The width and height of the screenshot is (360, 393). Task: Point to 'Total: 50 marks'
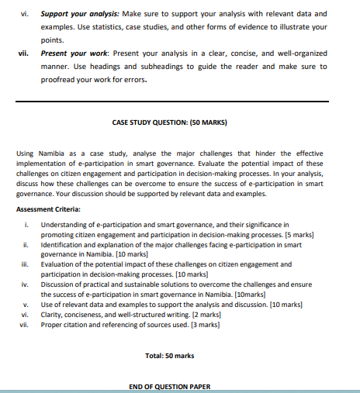pyautogui.click(x=169, y=355)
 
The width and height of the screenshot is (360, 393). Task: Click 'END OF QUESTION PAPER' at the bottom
pyautogui.click(x=169, y=387)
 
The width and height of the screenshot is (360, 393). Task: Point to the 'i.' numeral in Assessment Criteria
pyautogui.click(x=28, y=224)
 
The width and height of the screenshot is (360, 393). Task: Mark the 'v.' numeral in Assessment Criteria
pyautogui.click(x=26, y=305)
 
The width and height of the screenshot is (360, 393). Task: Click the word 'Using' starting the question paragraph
pyautogui.click(x=26, y=153)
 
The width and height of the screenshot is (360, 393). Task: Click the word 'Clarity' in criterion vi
pyautogui.click(x=53, y=315)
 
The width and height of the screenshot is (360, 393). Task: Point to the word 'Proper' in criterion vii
pyautogui.click(x=52, y=325)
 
